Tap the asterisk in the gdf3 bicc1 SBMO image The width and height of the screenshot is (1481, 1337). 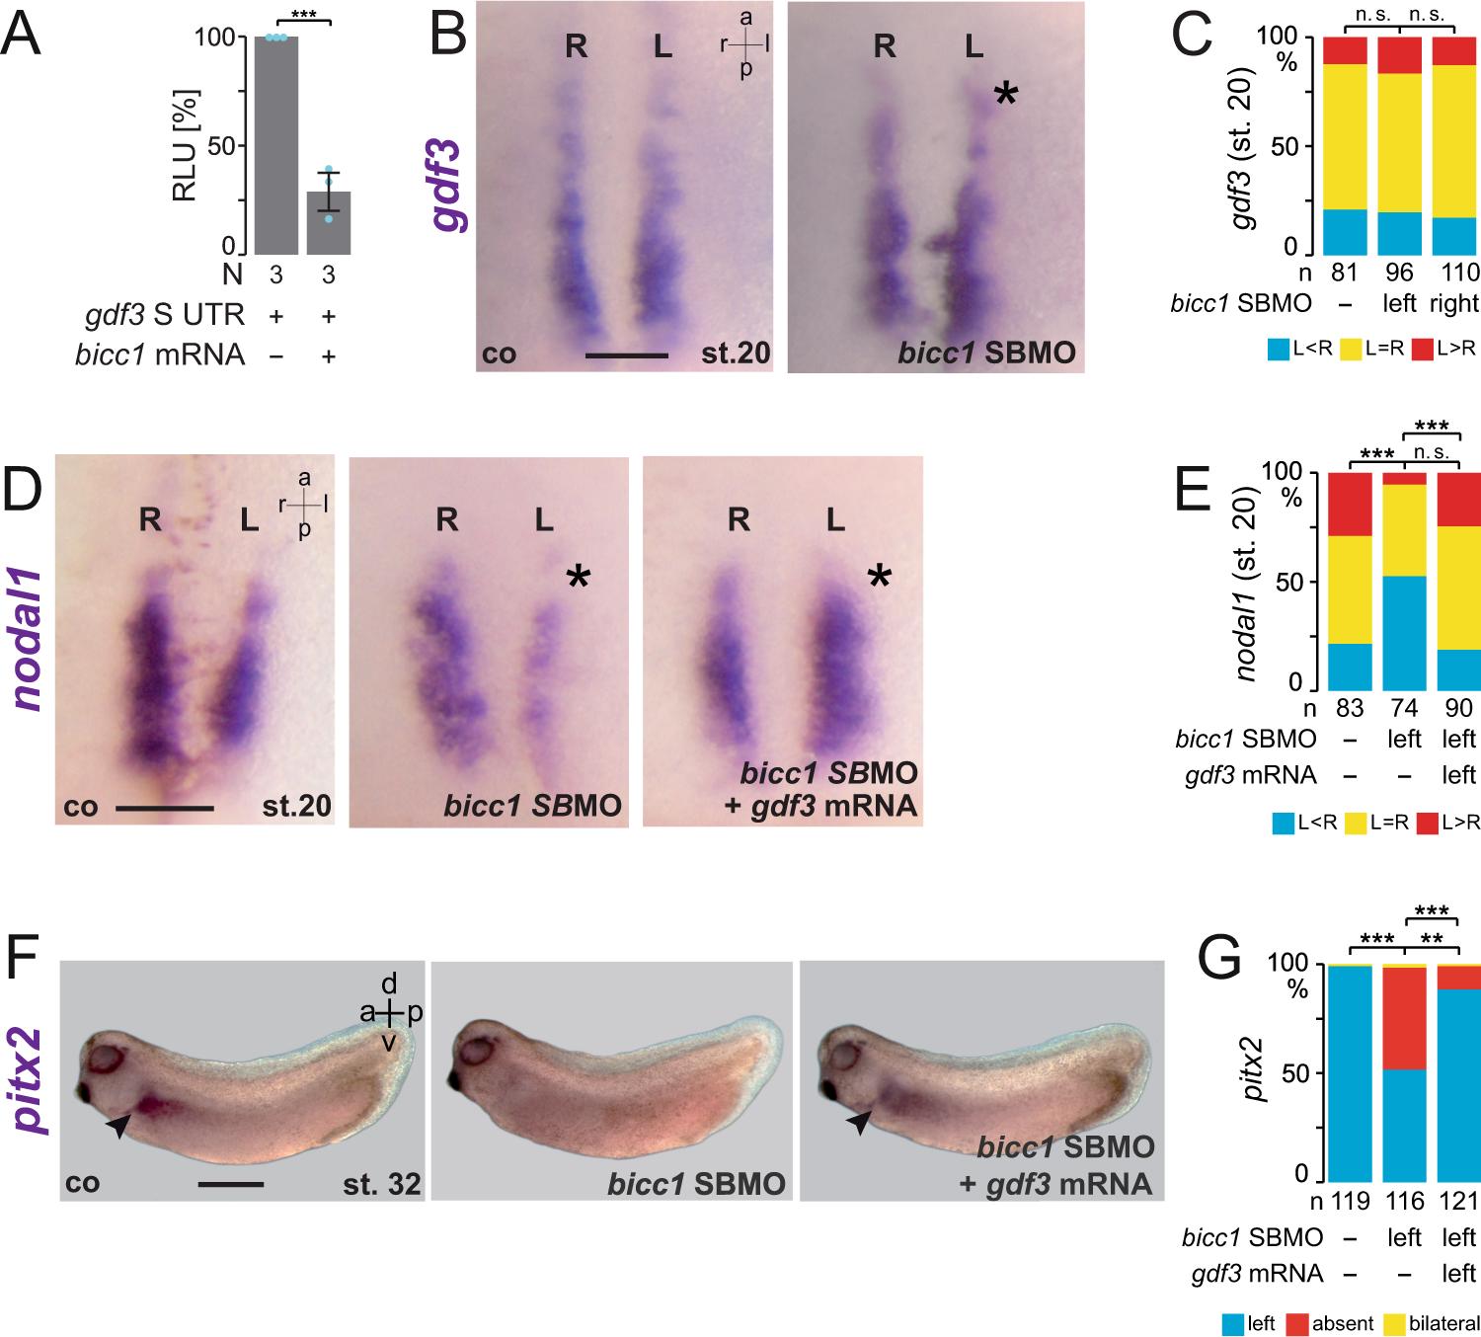[x=1005, y=95]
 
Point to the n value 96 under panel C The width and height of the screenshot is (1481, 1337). [x=1401, y=272]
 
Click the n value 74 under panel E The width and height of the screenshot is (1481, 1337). [x=1403, y=708]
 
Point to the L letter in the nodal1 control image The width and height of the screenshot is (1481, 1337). [x=249, y=520]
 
